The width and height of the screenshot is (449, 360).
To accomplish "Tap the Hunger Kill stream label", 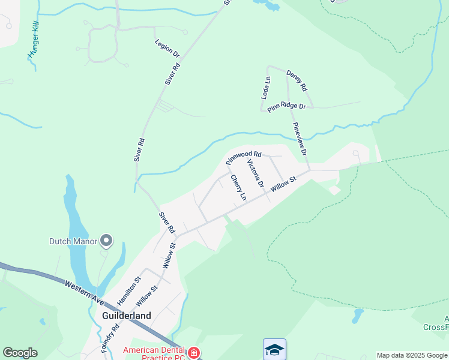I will (x=33, y=46).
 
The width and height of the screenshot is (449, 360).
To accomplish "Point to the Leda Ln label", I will (x=265, y=88).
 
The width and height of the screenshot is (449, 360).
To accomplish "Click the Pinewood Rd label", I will (x=244, y=158).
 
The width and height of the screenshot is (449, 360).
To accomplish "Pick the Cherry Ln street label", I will (x=238, y=188).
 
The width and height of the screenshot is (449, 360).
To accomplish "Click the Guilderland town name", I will (x=127, y=316).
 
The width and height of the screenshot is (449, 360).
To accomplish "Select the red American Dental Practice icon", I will (x=194, y=353).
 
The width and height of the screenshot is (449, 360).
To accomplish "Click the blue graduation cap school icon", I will (x=274, y=349).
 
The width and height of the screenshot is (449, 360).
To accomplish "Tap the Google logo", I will (x=20, y=353).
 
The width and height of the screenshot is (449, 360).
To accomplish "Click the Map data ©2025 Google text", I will (x=412, y=355).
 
